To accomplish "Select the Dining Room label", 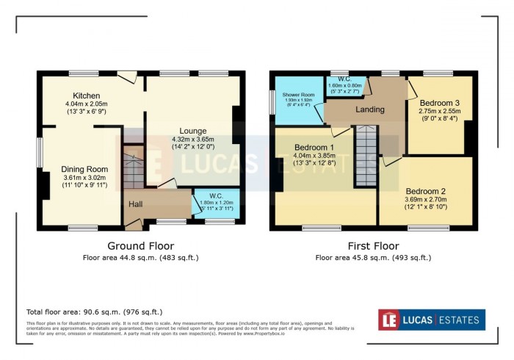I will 81,168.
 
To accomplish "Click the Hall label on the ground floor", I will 136,204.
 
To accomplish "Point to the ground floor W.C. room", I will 217,204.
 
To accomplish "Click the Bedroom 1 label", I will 314,147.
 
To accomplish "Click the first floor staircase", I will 366,156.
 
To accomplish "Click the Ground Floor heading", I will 140,245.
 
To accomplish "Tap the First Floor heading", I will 373,245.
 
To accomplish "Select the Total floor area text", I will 95,312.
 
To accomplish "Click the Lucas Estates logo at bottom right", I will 431,320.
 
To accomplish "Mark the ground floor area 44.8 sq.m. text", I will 140,258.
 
